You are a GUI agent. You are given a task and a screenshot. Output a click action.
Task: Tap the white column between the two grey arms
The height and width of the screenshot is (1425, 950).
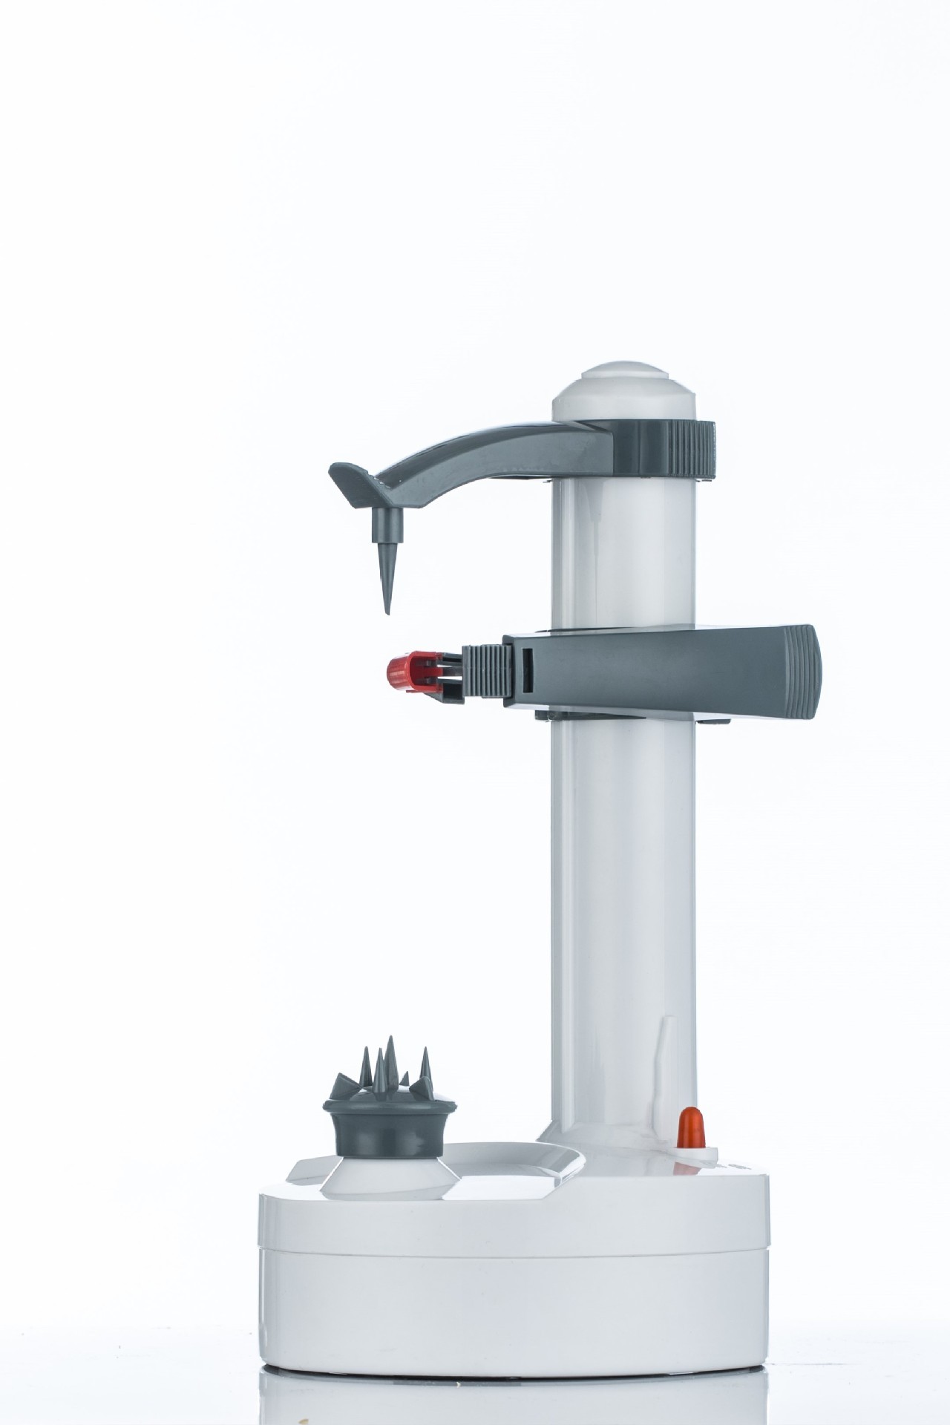click(623, 549)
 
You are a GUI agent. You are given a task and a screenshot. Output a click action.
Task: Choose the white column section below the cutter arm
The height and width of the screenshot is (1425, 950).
click(623, 891)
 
